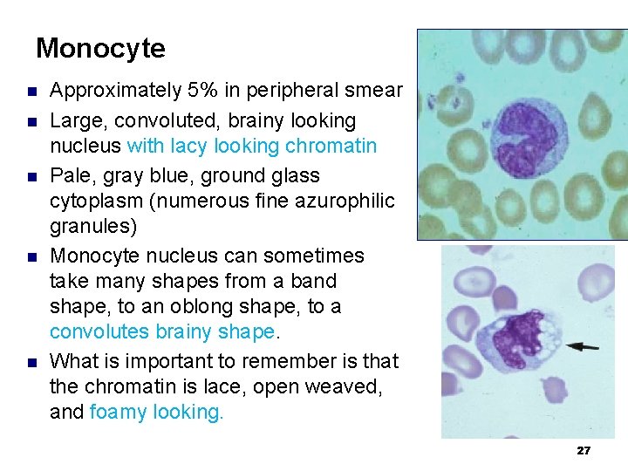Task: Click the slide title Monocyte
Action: click(100, 48)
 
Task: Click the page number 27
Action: click(584, 451)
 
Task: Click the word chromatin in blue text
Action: click(334, 146)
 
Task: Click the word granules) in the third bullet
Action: click(85, 227)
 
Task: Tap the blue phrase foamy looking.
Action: click(157, 412)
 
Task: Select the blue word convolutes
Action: click(99, 332)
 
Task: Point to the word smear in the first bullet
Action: click(376, 90)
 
